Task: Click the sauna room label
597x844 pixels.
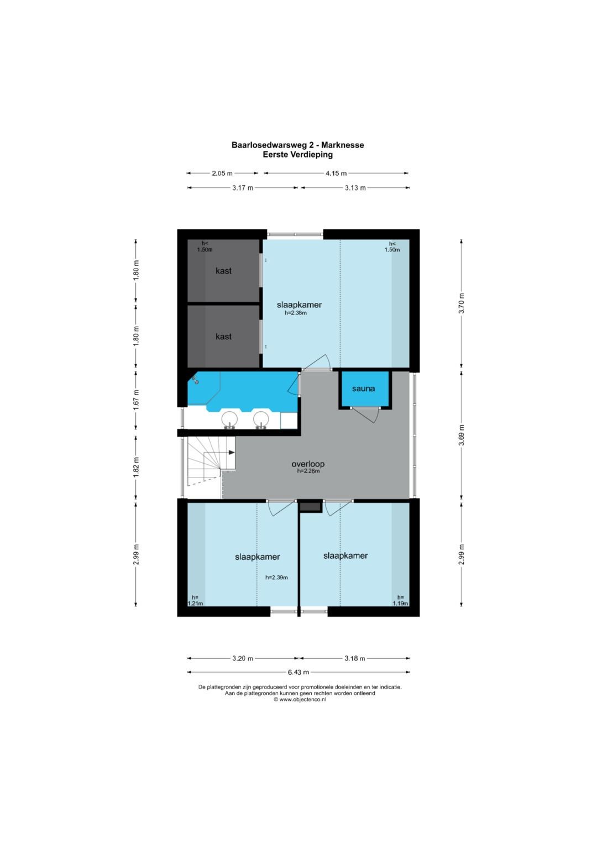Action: [363, 388]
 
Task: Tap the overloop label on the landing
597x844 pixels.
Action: [308, 464]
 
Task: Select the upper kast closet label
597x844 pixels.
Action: [223, 270]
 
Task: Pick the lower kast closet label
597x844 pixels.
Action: [223, 337]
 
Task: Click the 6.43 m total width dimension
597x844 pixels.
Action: [298, 672]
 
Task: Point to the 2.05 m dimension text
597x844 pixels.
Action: [222, 174]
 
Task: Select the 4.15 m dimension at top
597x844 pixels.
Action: [336, 174]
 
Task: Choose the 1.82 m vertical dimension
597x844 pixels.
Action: [137, 468]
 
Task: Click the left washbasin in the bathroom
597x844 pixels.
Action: [229, 420]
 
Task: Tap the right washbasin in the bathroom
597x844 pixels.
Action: [261, 420]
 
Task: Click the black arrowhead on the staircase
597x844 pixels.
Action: [231, 452]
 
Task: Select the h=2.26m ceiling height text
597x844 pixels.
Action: [308, 471]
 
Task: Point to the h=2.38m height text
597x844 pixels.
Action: [296, 312]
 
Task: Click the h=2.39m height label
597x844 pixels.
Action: [276, 577]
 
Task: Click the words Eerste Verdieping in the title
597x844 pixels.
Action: [298, 154]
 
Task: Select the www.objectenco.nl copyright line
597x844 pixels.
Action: [300, 699]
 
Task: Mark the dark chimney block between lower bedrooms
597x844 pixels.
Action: [311, 507]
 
